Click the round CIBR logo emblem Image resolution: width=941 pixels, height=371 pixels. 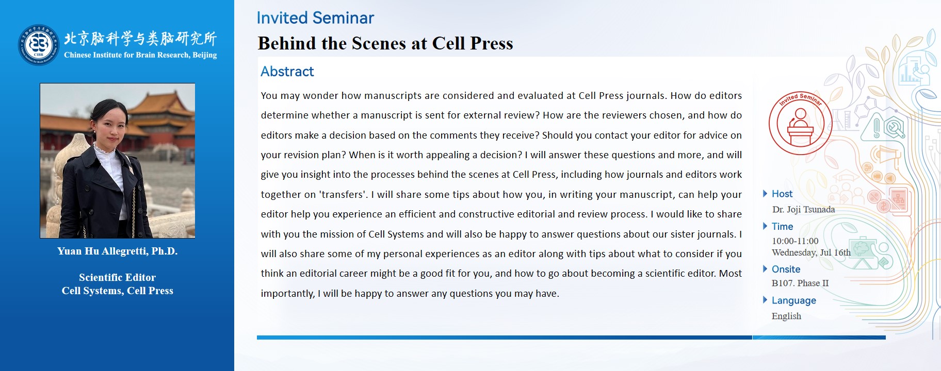pyautogui.click(x=39, y=45)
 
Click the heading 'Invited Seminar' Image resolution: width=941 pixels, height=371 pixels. pyautogui.click(x=315, y=18)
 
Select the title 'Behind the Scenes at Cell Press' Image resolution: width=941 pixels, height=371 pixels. pyautogui.click(x=385, y=43)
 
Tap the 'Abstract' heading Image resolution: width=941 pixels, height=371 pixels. pyautogui.click(x=287, y=72)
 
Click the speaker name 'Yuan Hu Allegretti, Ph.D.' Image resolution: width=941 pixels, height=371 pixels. pyautogui.click(x=118, y=251)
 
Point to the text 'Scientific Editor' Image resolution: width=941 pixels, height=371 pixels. pyautogui.click(x=118, y=277)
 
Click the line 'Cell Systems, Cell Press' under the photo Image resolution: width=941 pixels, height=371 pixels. pyautogui.click(x=118, y=291)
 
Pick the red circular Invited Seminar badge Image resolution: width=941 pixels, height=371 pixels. pyautogui.click(x=800, y=123)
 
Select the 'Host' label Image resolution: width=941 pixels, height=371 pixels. pyautogui.click(x=782, y=194)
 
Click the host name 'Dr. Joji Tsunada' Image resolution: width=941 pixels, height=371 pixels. pyautogui.click(x=803, y=209)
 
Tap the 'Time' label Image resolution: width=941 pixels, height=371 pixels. pyautogui.click(x=782, y=226)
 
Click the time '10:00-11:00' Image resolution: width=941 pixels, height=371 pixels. pyautogui.click(x=795, y=241)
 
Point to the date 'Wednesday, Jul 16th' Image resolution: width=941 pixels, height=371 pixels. pyautogui.click(x=811, y=252)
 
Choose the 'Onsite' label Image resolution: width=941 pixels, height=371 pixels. pyautogui.click(x=786, y=269)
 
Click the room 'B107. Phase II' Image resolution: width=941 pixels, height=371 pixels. pyautogui.click(x=800, y=283)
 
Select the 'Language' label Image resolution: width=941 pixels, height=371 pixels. pyautogui.click(x=793, y=300)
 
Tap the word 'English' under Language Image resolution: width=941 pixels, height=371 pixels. pyautogui.click(x=786, y=316)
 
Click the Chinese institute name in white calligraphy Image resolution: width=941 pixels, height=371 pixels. pyautogui.click(x=140, y=38)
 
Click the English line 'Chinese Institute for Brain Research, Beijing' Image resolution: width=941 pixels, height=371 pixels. pyautogui.click(x=140, y=55)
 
